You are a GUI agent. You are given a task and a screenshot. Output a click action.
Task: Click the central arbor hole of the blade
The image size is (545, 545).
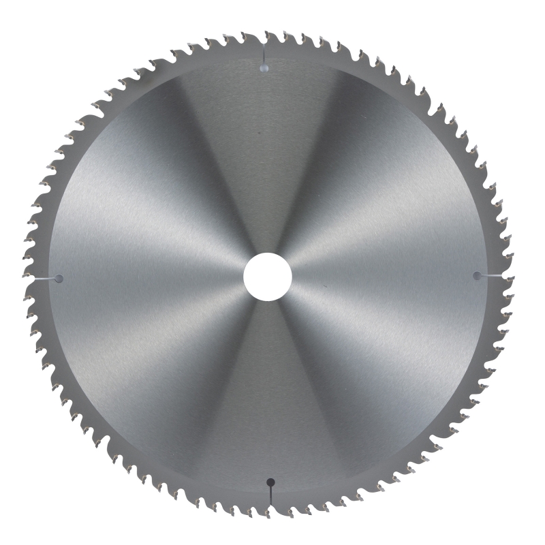click(268, 277)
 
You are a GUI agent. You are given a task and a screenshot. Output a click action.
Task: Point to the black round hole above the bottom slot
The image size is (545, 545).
click(270, 482)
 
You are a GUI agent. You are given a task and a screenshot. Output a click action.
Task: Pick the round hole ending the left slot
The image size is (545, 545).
click(59, 279)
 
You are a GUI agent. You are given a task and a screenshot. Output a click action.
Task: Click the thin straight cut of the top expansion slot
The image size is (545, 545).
click(264, 54)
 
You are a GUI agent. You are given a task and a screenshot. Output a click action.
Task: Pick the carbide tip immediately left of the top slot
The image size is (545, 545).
click(255, 36)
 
